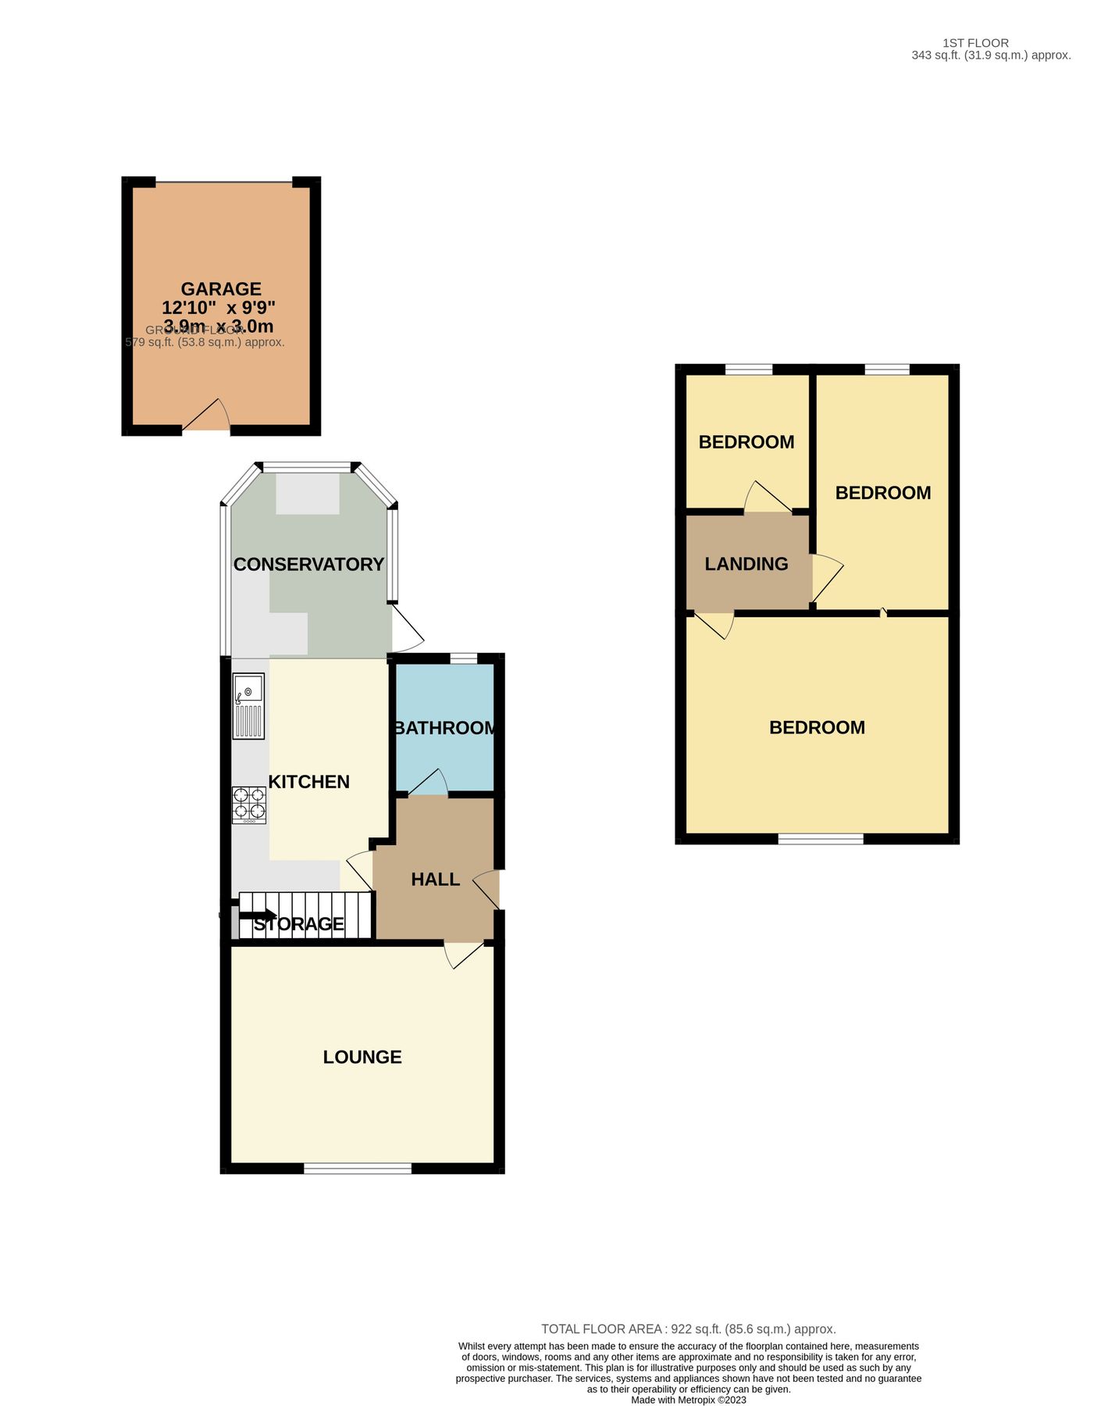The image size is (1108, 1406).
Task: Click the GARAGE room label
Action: [x=221, y=289]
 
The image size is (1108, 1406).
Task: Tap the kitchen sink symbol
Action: [x=248, y=705]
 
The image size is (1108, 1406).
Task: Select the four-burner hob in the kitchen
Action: [x=249, y=805]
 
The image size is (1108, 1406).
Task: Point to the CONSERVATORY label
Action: [x=308, y=564]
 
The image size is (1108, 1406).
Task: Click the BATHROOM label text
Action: [x=445, y=728]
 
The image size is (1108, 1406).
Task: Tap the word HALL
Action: [x=435, y=880]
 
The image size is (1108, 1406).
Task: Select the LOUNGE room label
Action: [x=362, y=1057]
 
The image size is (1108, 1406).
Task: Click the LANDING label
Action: [x=746, y=564]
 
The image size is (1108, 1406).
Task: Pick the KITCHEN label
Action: [x=309, y=782]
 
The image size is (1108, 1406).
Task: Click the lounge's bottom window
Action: [x=358, y=1169]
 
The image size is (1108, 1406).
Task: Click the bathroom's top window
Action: [x=464, y=658]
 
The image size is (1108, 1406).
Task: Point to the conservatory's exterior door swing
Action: [x=406, y=631]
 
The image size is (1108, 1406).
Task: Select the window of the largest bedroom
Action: [x=821, y=839]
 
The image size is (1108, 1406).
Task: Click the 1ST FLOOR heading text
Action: [x=975, y=43]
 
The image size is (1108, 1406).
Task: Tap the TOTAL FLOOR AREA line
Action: [x=689, y=1329]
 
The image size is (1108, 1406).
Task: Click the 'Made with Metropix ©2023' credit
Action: [x=689, y=1400]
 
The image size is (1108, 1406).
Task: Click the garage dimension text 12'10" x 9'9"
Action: [x=219, y=308]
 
